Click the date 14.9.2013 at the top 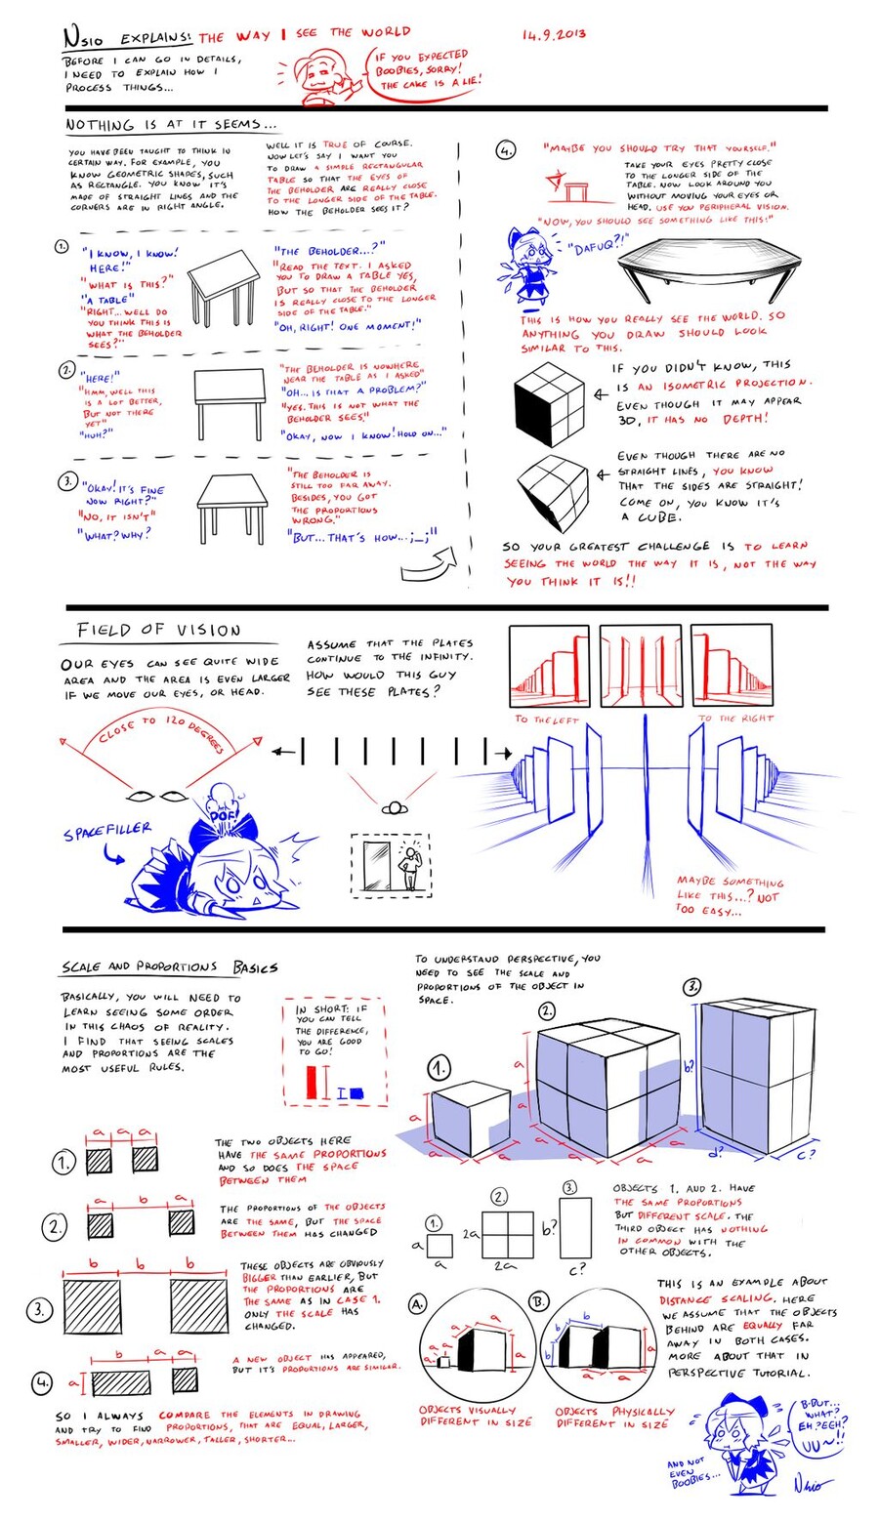pos(553,34)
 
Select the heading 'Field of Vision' pos(159,631)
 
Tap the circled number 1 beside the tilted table pos(62,247)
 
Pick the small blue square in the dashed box pos(356,1092)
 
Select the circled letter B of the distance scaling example pos(539,1302)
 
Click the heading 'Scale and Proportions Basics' pos(169,966)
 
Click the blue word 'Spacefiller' pos(107,831)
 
